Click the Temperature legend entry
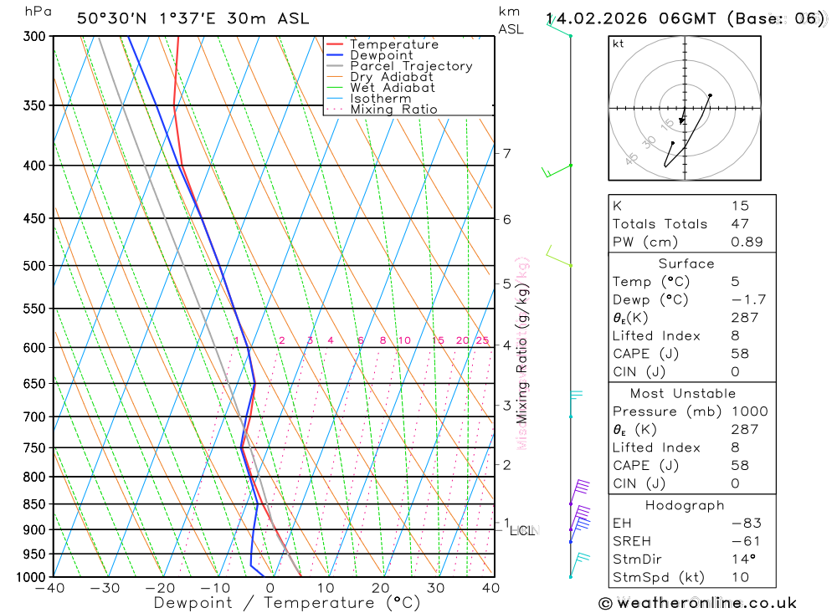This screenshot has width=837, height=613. pyautogui.click(x=393, y=44)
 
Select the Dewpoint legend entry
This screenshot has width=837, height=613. pyautogui.click(x=381, y=55)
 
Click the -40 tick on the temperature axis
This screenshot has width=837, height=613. pyautogui.click(x=50, y=588)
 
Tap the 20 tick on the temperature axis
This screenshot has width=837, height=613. pyautogui.click(x=381, y=588)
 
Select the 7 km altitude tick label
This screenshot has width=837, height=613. pyautogui.click(x=507, y=153)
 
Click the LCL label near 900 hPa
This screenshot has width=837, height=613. pyautogui.click(x=522, y=530)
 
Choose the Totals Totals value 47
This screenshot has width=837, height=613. pyautogui.click(x=740, y=224)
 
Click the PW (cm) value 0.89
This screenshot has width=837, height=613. pyautogui.click(x=747, y=242)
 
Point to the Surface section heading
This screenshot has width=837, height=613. pyautogui.click(x=686, y=263)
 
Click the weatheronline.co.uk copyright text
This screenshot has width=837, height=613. pyautogui.click(x=697, y=603)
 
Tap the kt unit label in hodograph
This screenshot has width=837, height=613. pyautogui.click(x=619, y=44)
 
